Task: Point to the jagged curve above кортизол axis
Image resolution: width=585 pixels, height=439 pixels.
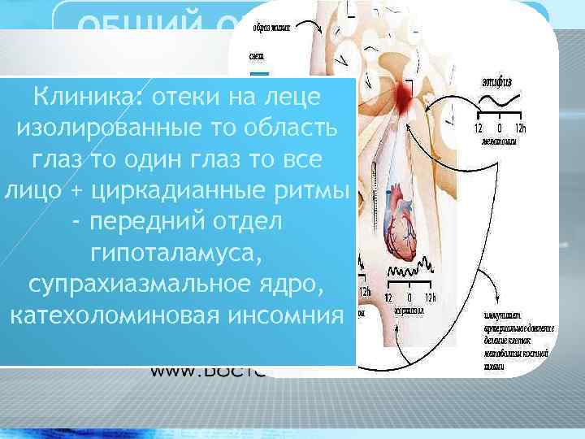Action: (410, 269)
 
